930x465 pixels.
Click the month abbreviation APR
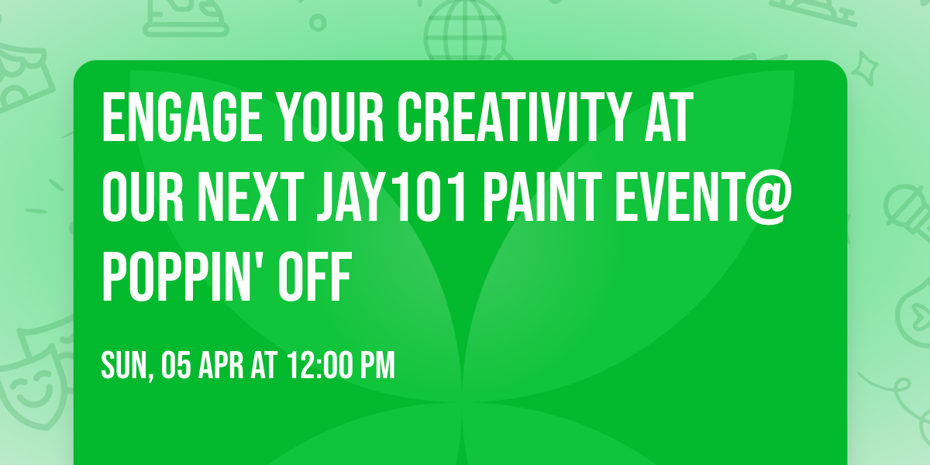tap(222, 365)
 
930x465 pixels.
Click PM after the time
tap(377, 365)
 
